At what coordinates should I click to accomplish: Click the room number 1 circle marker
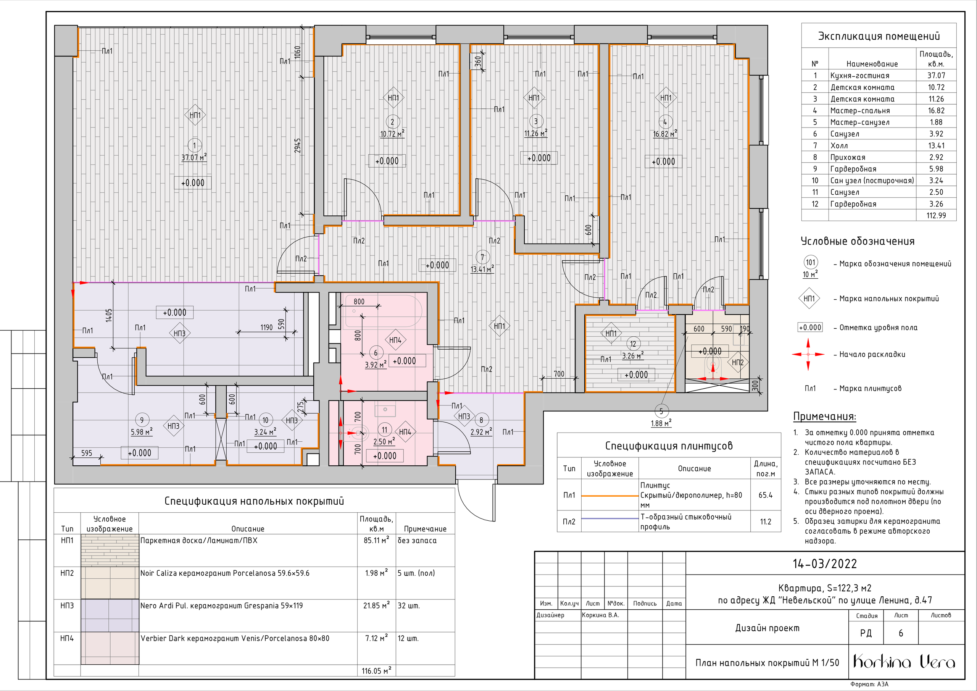(x=195, y=145)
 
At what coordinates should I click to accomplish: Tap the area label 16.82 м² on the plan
(x=665, y=134)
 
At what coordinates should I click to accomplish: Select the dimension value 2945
(x=298, y=145)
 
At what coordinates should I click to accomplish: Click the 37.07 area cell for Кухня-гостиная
(x=936, y=75)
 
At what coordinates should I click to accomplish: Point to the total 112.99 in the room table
(x=936, y=215)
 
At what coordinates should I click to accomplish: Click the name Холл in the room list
(x=839, y=145)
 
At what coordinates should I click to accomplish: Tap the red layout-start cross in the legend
(x=808, y=354)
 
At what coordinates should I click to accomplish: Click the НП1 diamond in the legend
(x=809, y=299)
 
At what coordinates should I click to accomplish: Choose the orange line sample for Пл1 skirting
(x=610, y=496)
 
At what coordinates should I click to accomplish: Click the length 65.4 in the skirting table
(x=765, y=495)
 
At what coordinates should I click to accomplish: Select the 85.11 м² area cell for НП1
(x=376, y=540)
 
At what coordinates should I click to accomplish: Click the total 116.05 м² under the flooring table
(x=376, y=670)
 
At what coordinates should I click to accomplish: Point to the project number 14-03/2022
(x=825, y=564)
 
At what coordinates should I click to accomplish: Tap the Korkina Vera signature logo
(x=904, y=661)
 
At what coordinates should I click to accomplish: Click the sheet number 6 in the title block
(x=901, y=633)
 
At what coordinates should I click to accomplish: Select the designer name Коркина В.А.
(x=600, y=615)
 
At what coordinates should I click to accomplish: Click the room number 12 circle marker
(x=633, y=344)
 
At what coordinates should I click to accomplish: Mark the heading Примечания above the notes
(x=825, y=417)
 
